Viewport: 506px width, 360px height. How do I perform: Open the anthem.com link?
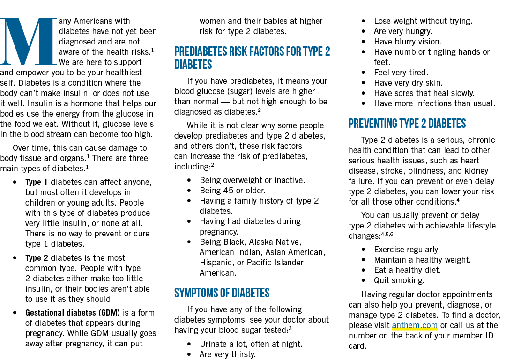[x=415, y=325]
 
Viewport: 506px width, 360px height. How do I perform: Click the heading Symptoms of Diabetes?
[x=222, y=293]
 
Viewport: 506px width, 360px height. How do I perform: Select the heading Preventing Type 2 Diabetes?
[x=407, y=124]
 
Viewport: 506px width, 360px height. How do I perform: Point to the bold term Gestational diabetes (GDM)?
[x=73, y=313]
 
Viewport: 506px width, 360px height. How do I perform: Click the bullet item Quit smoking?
[x=399, y=280]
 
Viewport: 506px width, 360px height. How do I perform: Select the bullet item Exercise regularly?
[x=407, y=250]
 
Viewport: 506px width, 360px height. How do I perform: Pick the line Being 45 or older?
[x=233, y=191]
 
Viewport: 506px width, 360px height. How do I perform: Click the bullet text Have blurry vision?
[x=408, y=42]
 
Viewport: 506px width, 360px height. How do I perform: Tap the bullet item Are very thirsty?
[x=228, y=354]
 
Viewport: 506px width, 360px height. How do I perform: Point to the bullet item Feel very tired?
[x=401, y=73]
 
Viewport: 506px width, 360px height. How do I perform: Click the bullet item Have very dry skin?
[x=408, y=83]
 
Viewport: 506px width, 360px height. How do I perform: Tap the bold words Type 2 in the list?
[x=37, y=258]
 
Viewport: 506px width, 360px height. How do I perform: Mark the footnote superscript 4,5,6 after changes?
[x=387, y=234]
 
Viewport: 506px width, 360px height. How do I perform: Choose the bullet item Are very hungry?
[x=403, y=31]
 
